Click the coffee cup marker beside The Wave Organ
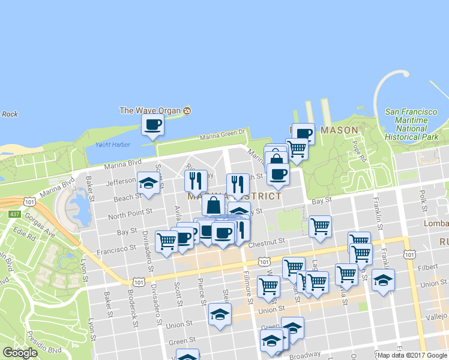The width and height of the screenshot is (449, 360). coord(152,125)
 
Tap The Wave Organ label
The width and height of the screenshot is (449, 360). coord(151,110)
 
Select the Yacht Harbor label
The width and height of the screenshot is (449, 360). coord(113,145)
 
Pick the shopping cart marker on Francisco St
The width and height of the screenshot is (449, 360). coord(166,241)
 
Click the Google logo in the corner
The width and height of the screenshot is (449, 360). coord(20,353)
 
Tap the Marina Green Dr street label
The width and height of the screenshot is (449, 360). coord(224,136)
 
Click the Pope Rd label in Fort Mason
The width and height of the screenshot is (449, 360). coord(359,152)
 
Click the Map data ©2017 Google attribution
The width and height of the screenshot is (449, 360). coord(412,355)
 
